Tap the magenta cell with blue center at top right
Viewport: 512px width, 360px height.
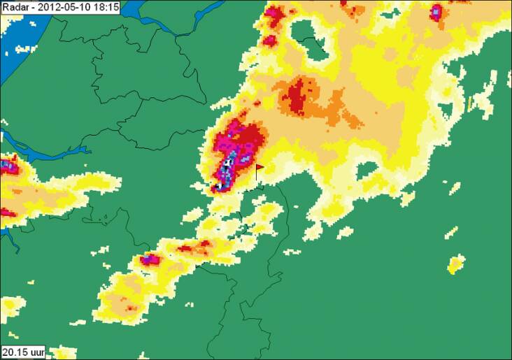tap(436, 12)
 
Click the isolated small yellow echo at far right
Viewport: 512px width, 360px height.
tap(456, 264)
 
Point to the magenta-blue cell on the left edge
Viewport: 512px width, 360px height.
tap(8, 166)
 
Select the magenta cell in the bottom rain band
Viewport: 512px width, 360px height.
tap(150, 259)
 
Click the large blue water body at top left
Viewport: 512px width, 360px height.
tap(21, 28)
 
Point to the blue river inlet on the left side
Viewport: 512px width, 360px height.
tap(42, 147)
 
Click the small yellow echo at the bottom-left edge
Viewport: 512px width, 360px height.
tap(9, 306)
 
